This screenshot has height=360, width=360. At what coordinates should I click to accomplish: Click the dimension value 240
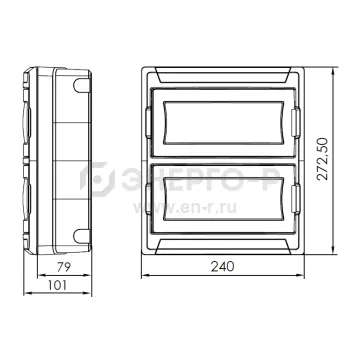pos(222,266)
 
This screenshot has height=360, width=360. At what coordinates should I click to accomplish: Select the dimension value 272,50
pos(322,159)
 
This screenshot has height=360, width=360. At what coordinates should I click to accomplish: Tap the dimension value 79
pos(63,267)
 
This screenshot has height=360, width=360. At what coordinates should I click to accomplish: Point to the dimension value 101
pos(57,285)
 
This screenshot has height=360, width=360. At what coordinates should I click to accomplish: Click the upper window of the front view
pos(224,123)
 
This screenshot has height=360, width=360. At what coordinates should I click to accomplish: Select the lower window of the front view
pos(224,199)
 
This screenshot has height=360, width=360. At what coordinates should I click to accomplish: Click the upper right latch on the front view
pos(296,123)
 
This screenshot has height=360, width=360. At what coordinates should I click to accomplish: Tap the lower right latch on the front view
pos(296,199)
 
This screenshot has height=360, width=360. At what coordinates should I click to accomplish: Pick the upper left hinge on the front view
pos(149,123)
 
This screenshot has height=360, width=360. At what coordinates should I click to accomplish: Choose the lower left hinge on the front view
pos(149,199)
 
